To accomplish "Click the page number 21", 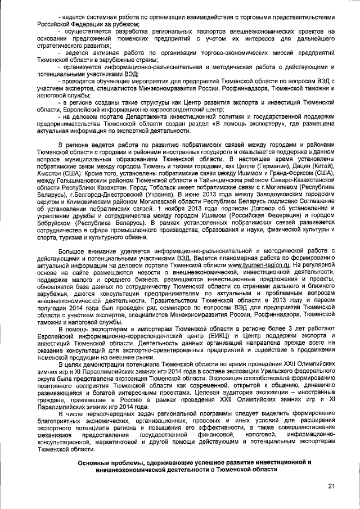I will tap(331, 487).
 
